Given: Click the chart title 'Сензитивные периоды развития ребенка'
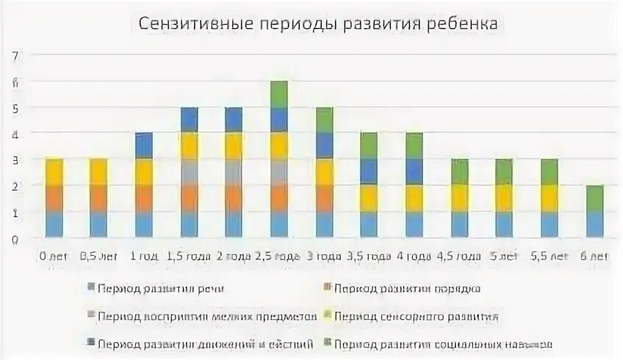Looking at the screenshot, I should point(318,24).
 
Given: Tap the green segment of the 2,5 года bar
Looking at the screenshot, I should point(278,94).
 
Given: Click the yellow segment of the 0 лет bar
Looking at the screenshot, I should point(54,172).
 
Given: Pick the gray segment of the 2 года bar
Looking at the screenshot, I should point(234,172).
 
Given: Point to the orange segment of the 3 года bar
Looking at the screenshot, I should point(324,198).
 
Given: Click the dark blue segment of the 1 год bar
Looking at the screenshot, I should point(144,145).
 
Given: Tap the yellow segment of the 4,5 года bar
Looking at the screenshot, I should point(459,198).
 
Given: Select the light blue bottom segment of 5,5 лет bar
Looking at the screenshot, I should point(549,224).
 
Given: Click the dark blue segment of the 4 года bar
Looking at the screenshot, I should point(414,172).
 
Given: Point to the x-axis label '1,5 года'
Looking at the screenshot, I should point(188,256).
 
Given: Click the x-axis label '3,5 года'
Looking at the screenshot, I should point(369,256).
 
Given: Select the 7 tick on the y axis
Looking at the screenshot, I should point(14,56).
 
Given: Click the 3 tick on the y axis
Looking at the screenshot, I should point(14,160).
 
